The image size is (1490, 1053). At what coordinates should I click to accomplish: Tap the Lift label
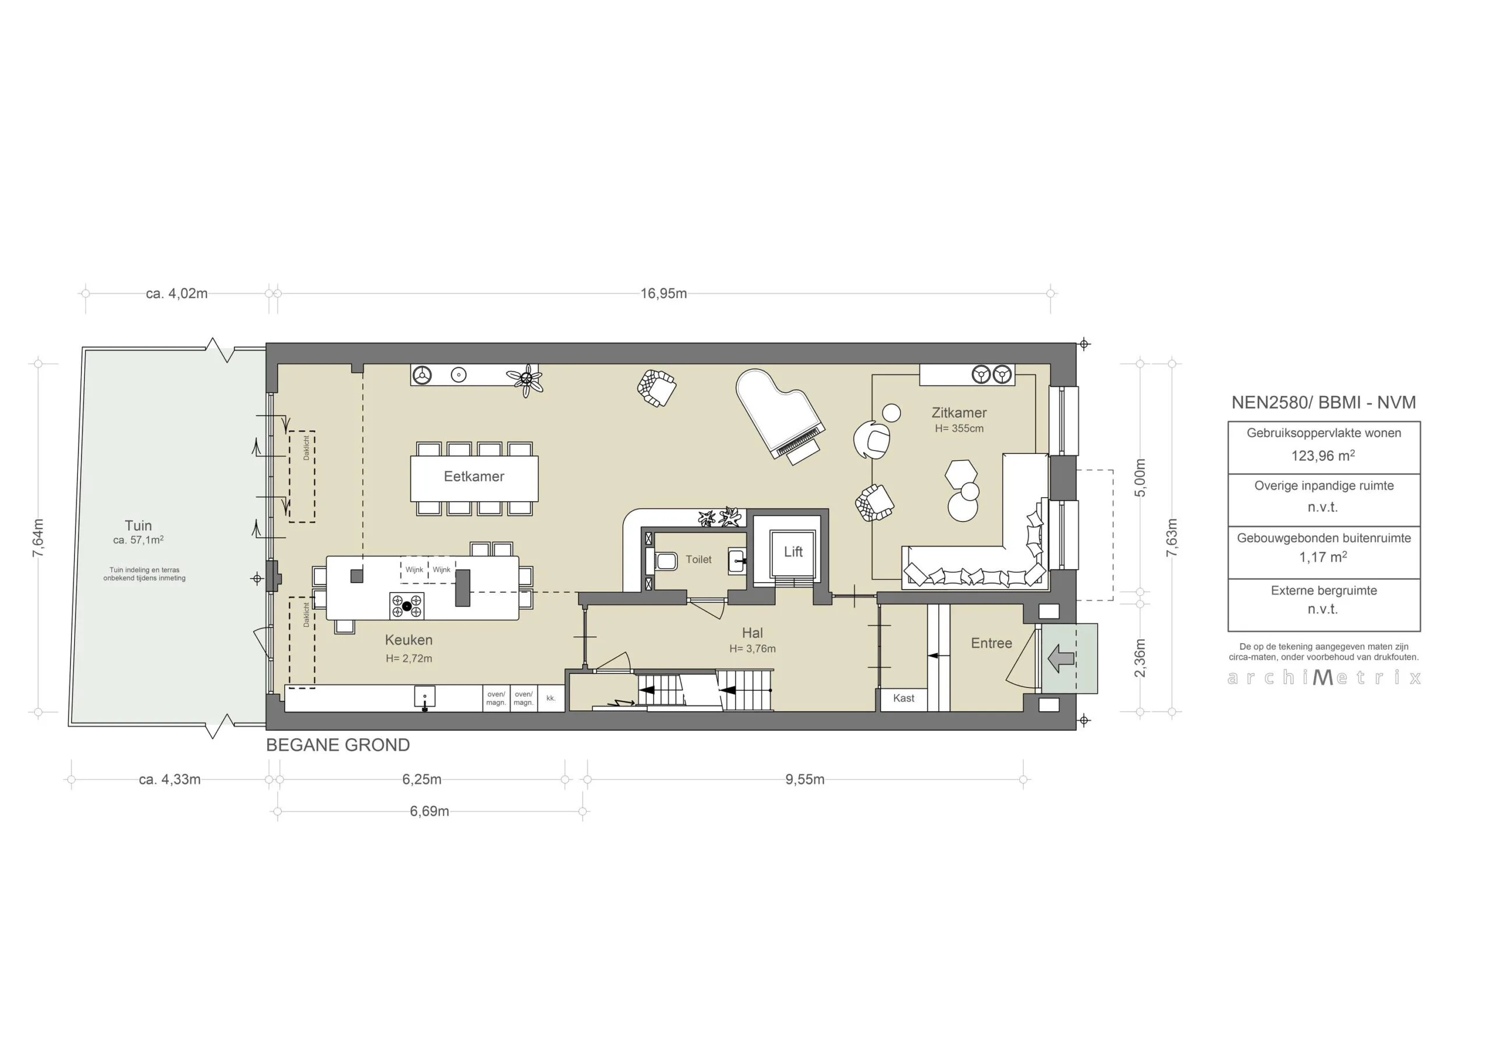point(793,552)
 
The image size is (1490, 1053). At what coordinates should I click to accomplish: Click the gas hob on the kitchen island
point(407,606)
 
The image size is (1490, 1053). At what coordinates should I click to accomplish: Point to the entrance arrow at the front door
point(1061,658)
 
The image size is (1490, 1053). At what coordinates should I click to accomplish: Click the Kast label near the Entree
point(903,699)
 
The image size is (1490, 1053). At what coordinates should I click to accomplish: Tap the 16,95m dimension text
point(664,293)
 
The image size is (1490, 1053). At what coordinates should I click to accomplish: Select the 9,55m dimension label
point(805,779)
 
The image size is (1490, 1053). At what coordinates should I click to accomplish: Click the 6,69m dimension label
point(429,811)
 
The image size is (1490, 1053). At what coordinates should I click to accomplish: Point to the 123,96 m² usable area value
point(1322,456)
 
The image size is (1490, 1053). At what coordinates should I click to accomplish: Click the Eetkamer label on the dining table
point(474,477)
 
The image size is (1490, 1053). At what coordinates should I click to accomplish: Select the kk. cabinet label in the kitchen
point(551,699)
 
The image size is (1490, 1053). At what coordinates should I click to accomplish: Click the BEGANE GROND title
point(338,745)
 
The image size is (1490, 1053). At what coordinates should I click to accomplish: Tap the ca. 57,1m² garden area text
point(138,540)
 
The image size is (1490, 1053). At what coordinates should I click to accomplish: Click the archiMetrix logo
point(1324,678)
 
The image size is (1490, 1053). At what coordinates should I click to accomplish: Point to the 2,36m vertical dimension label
point(1140,658)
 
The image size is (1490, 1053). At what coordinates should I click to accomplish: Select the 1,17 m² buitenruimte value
point(1322,557)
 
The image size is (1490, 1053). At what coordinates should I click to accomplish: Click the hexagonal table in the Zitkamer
point(960,474)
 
